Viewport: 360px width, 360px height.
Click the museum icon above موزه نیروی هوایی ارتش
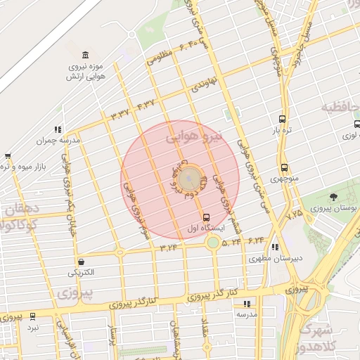click(x=85, y=56)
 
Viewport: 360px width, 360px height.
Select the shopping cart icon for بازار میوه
click(x=7, y=156)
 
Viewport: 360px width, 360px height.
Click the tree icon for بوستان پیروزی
click(x=333, y=197)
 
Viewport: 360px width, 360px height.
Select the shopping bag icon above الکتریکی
click(x=82, y=261)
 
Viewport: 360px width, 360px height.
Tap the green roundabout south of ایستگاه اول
click(x=212, y=243)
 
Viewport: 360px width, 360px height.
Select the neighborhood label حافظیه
click(x=340, y=108)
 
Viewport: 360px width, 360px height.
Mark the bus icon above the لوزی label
click(x=356, y=125)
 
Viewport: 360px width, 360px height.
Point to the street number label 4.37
click(x=145, y=105)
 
